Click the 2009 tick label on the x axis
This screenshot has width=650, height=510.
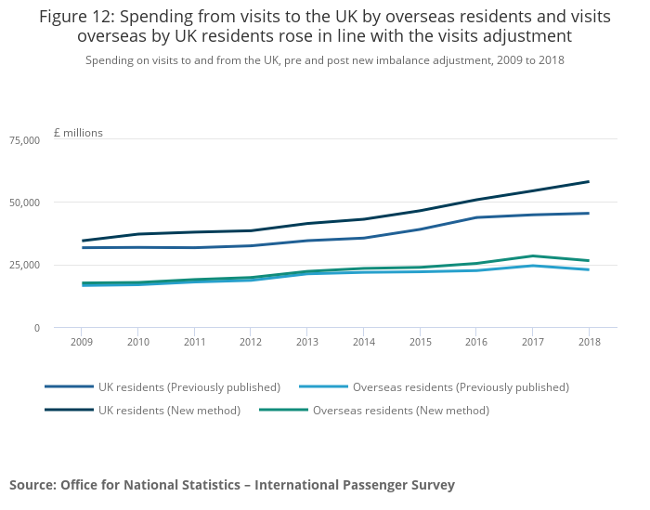(x=81, y=342)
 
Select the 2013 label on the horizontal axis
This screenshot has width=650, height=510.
(x=306, y=342)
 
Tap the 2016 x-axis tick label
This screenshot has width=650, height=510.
(x=475, y=342)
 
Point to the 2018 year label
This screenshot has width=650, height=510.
(x=589, y=342)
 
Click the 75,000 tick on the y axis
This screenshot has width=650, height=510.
(x=24, y=140)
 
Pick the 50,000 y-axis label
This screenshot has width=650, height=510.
(x=24, y=203)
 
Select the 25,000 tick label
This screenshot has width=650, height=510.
(x=24, y=266)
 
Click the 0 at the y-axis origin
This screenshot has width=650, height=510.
(x=37, y=328)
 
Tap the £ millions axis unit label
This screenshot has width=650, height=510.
(x=78, y=133)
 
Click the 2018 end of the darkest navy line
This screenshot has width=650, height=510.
(x=589, y=181)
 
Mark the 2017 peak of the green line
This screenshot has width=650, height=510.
(x=532, y=255)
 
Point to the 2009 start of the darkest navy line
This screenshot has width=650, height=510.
(x=82, y=241)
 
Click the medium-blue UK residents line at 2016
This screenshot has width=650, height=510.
(x=475, y=217)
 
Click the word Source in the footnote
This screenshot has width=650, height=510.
(x=31, y=485)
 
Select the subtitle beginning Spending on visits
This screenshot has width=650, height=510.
(x=324, y=59)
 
